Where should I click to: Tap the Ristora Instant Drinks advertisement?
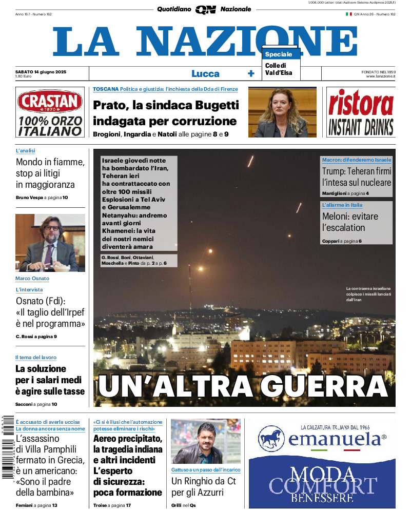point(361,112)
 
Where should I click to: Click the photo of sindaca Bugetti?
point(282,112)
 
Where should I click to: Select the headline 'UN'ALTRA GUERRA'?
point(243,386)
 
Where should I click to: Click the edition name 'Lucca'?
point(205,73)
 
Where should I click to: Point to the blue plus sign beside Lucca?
point(251,73)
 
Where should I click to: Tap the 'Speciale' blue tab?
point(279,54)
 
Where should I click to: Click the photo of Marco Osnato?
point(50,243)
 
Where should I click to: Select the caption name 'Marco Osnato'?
point(32,279)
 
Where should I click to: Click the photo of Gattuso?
point(205,441)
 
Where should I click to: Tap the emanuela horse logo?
point(271,439)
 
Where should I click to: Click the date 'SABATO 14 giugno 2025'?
point(41,71)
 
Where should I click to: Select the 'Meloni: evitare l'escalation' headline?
point(350,222)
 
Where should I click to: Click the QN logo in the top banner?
point(205,9)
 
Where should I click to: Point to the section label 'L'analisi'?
point(25,151)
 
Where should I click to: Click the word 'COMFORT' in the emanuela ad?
point(322,485)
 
